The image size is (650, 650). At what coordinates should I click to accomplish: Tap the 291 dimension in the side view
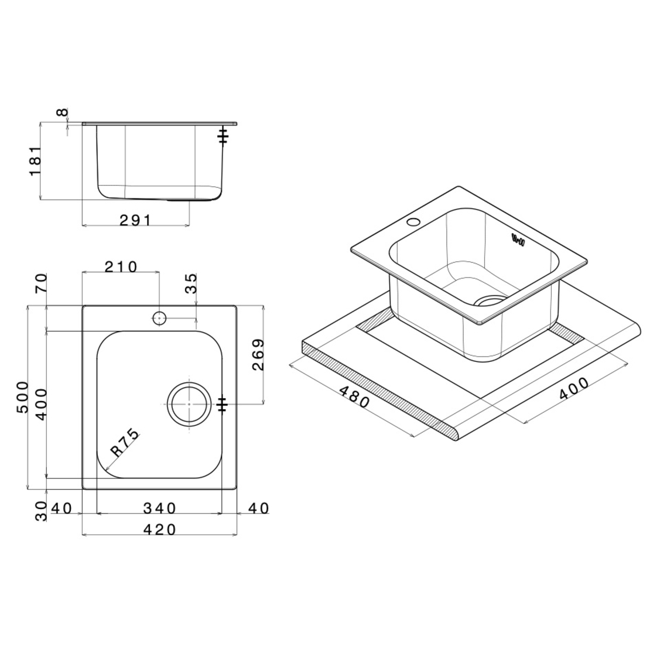[x=135, y=221]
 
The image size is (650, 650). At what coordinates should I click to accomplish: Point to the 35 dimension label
[x=191, y=283]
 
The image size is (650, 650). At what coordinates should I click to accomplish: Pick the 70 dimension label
[x=42, y=283]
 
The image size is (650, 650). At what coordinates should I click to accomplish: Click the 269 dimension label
[x=258, y=354]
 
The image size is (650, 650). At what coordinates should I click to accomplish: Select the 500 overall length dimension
[x=22, y=397]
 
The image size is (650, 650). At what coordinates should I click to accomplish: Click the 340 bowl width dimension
[x=160, y=508]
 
